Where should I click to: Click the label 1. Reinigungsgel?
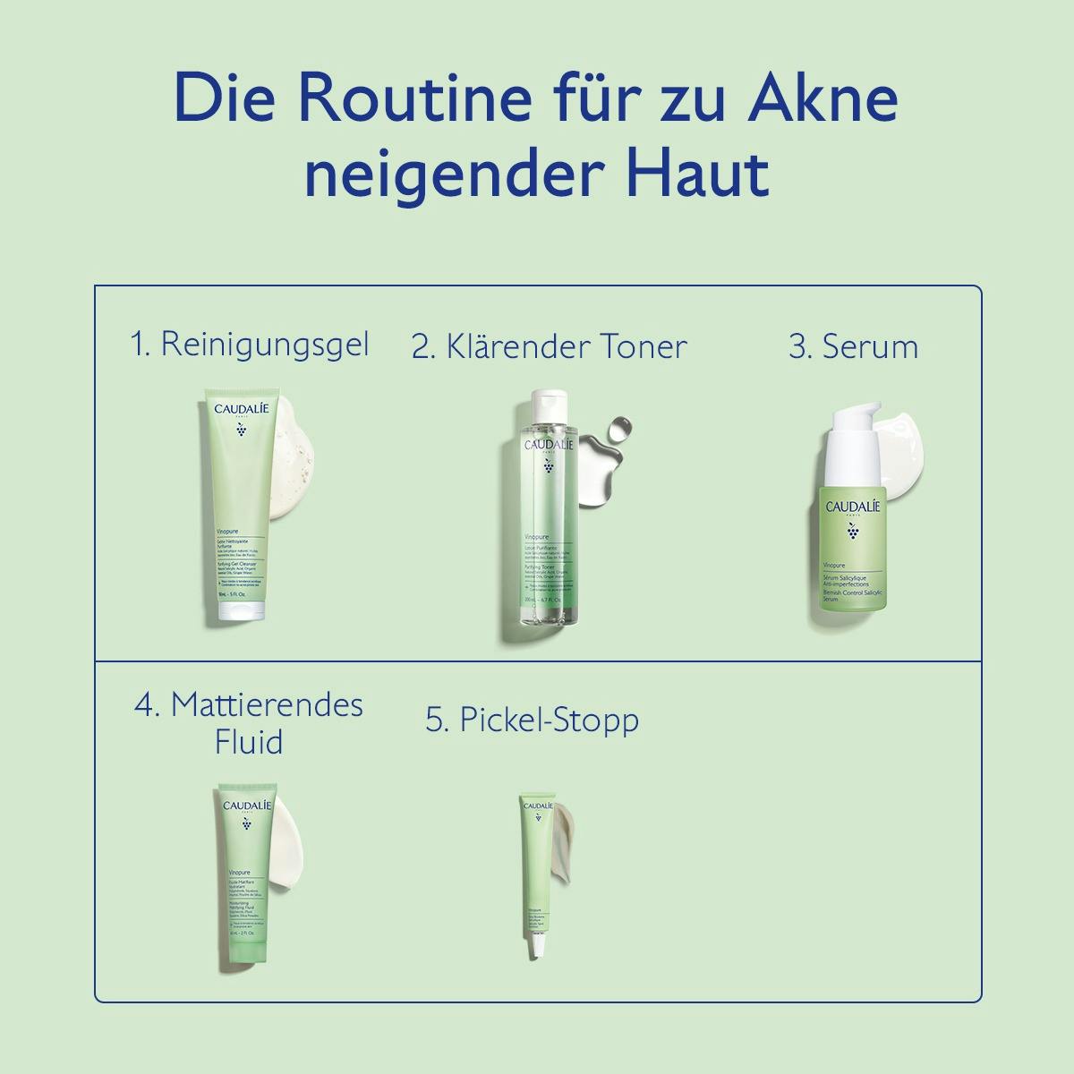tap(250, 345)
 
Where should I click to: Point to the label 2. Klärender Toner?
tap(549, 346)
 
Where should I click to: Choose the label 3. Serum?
tap(853, 346)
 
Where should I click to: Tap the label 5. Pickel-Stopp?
tap(532, 720)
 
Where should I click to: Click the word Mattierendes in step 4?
tap(267, 704)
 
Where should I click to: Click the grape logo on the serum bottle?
tap(852, 533)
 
